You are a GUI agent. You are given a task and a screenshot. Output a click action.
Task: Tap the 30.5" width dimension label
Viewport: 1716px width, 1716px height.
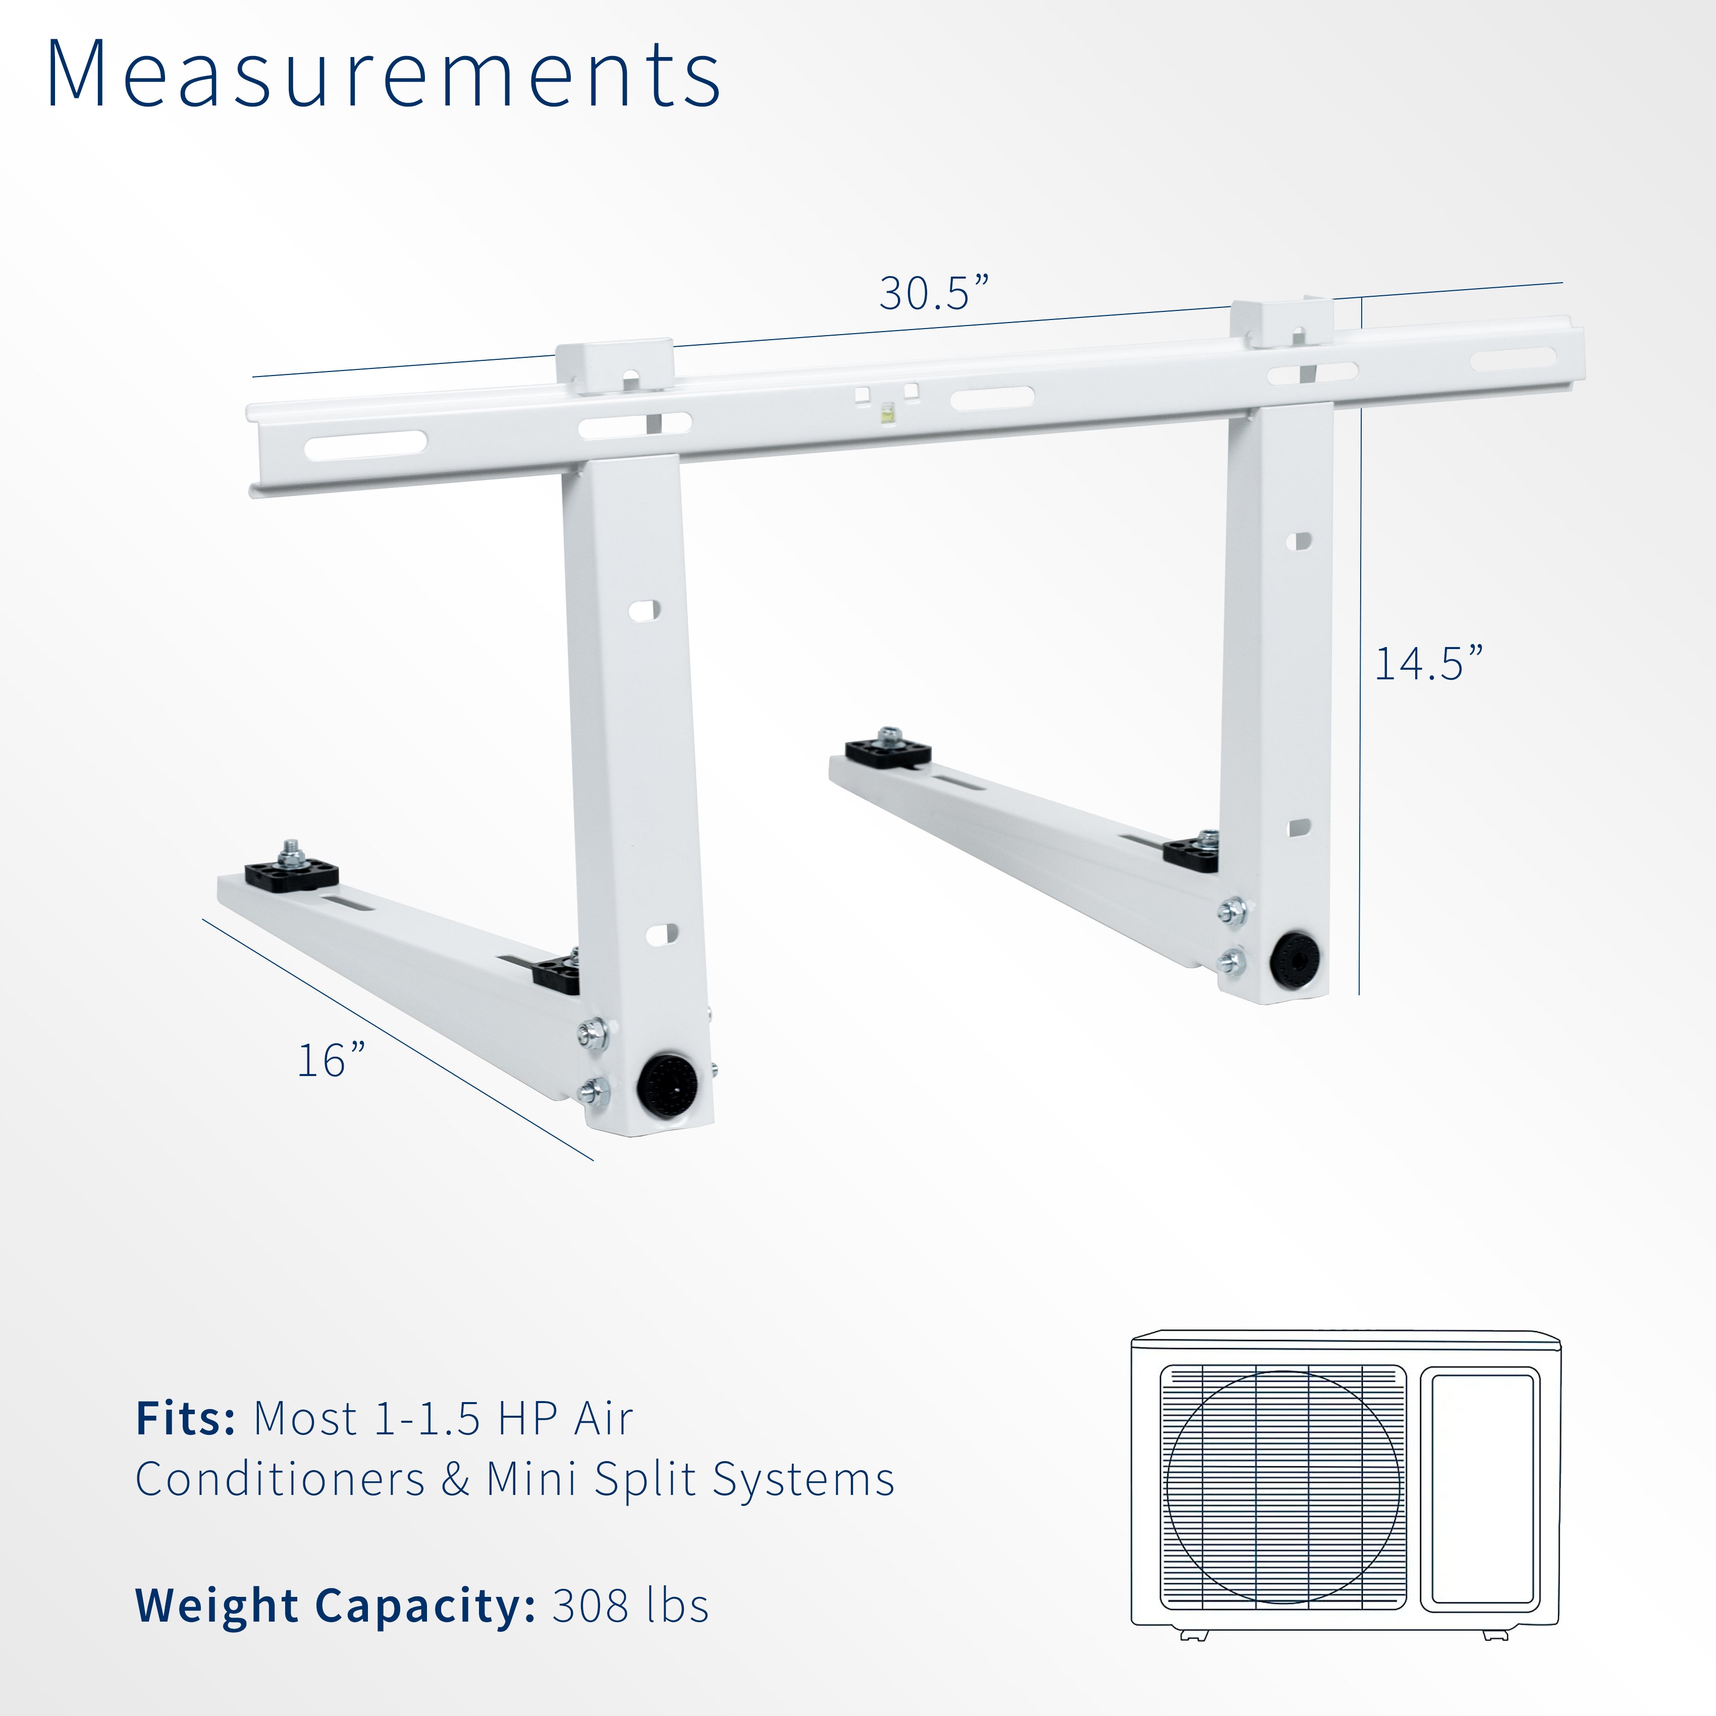[933, 293]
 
